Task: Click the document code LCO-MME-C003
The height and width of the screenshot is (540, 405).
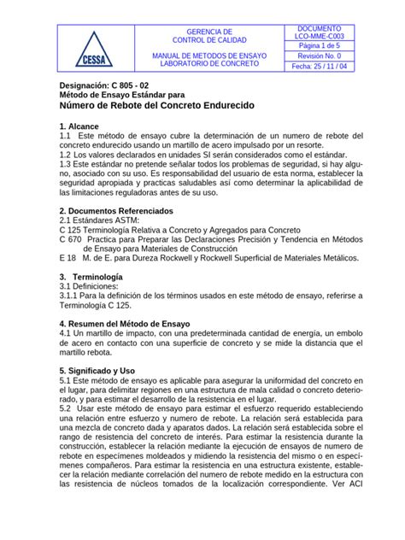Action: tap(319, 38)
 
